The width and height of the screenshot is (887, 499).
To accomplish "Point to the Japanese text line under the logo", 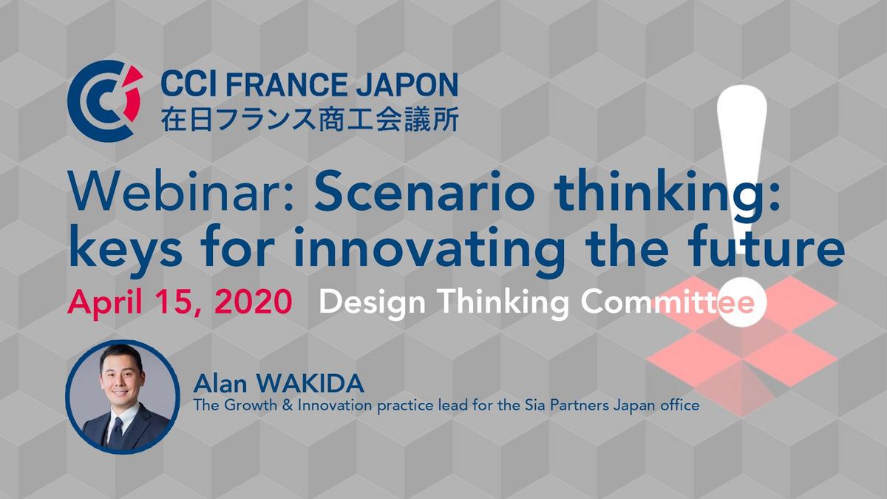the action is pos(310,119).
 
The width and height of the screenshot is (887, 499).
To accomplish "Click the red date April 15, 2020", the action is pos(180,302).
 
